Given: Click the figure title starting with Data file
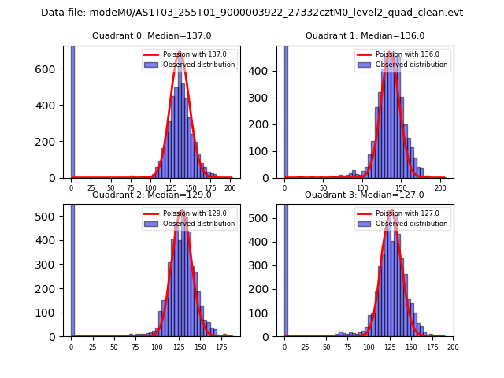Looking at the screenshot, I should point(252,13).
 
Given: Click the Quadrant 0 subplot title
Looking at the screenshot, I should point(152,35).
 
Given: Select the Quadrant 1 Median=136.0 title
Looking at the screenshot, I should point(365,35).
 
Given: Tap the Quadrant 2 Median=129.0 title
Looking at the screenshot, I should point(152,195).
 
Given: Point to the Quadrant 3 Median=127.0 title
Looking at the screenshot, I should point(365,195).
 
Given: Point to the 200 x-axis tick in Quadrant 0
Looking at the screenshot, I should point(230,188).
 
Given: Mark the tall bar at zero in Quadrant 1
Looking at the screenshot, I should point(285,110).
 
